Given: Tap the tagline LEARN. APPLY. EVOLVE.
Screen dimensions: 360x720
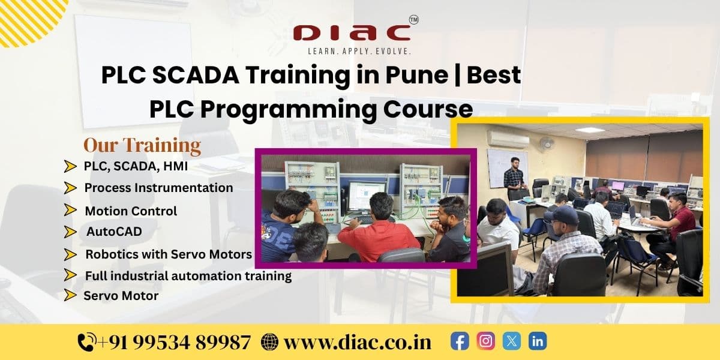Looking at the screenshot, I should point(359,52).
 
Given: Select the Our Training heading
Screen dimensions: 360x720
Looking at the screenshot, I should point(142,145).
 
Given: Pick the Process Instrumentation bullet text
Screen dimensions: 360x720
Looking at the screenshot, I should point(158,188).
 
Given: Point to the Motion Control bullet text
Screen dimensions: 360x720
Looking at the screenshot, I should point(131,211).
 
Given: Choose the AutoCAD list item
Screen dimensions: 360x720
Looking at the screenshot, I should point(114,232).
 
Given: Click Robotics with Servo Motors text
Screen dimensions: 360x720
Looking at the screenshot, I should point(169,254).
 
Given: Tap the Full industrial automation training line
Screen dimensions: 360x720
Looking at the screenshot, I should point(188,276).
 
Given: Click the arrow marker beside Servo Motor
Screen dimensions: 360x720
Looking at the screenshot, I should point(71,295).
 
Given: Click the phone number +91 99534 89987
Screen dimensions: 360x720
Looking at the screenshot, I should point(174,342).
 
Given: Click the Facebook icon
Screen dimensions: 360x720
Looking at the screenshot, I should point(460,341).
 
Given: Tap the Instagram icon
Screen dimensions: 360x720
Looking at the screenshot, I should point(485,341).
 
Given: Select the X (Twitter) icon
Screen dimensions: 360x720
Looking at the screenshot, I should point(511,341).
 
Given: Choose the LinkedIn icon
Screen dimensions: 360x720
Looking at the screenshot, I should point(538,341).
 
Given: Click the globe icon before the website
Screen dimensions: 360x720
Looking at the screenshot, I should point(270,342).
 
